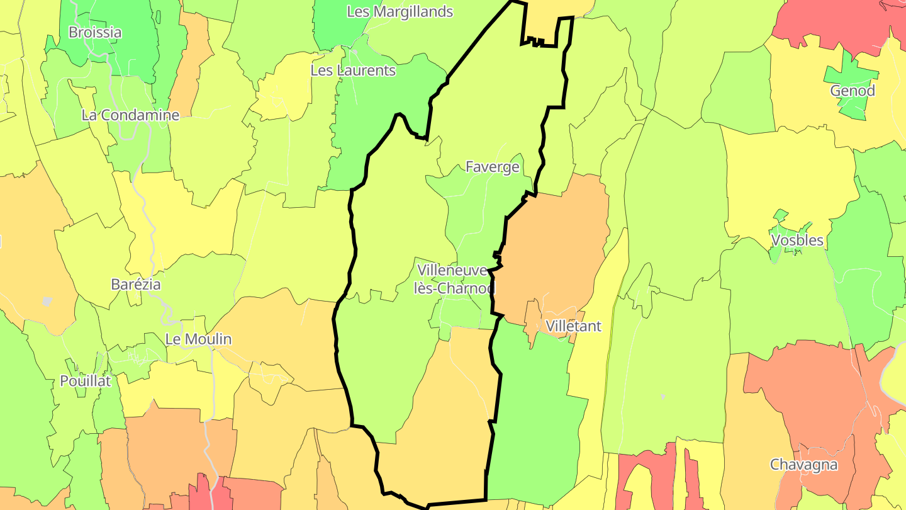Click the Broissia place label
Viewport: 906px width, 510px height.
[95, 32]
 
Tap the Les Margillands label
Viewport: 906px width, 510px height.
[400, 11]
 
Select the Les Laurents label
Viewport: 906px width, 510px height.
[353, 70]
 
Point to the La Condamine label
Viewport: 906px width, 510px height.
[130, 115]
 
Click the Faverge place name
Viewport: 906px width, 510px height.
[492, 167]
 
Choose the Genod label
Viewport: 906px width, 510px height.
[853, 91]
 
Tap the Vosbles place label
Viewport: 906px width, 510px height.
[797, 240]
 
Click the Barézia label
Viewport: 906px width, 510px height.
[135, 284]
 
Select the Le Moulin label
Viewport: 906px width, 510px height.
[198, 339]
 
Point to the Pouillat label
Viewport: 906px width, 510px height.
[85, 380]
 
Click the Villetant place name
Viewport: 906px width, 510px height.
[573, 326]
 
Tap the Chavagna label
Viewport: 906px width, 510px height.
[803, 465]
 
